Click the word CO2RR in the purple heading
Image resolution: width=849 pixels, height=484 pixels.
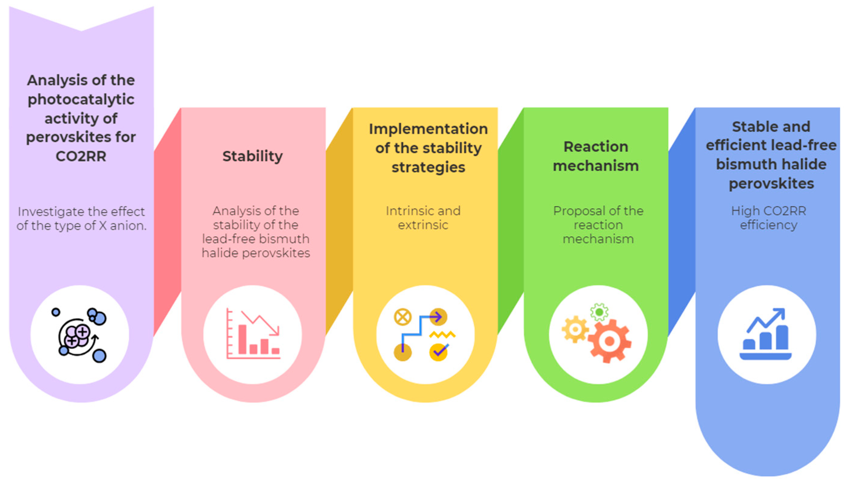point(81,156)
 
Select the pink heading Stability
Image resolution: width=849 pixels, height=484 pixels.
point(252,156)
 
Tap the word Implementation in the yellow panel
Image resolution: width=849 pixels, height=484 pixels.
point(428,129)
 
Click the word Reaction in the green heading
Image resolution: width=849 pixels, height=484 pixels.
point(596,147)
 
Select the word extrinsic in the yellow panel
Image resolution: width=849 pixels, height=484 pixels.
point(423,225)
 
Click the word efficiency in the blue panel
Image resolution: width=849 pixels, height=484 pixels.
point(768,225)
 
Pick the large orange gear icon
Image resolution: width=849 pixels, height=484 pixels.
point(609,341)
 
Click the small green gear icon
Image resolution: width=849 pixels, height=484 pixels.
point(599,312)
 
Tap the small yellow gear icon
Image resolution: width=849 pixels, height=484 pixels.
point(575,329)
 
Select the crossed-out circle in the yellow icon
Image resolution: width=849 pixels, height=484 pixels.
point(402,317)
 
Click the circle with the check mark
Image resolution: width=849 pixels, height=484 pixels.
point(438,352)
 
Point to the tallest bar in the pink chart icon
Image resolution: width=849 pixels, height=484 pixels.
point(242,339)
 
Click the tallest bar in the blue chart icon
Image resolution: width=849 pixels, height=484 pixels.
point(782,337)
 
